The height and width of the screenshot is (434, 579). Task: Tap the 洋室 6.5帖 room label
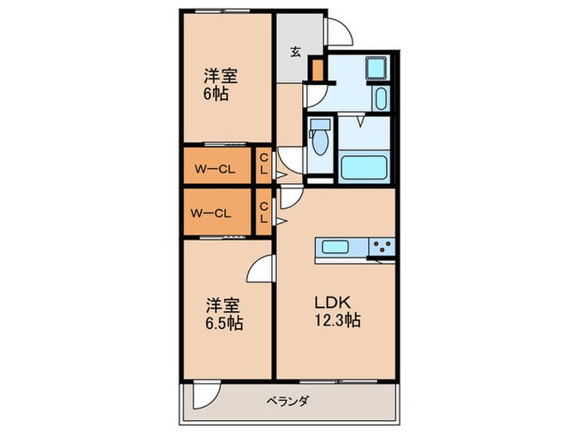coord(223,312)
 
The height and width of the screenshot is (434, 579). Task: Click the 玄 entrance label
coord(295,51)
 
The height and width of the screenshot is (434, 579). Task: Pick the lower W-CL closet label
coord(212,212)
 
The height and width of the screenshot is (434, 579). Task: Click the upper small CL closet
coord(263,165)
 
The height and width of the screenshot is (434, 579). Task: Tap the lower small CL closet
coord(263,212)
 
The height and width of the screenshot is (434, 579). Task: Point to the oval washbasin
coord(380,100)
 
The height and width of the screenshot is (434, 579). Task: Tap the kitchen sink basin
coord(336,246)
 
